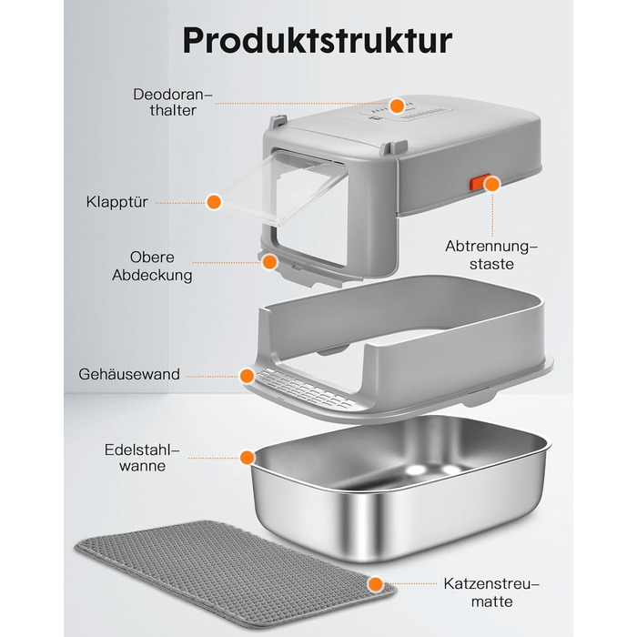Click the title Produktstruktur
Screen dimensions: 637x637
(x=318, y=41)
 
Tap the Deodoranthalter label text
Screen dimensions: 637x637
(x=173, y=102)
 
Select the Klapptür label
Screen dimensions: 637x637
(x=117, y=202)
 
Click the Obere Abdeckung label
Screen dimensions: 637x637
(x=152, y=266)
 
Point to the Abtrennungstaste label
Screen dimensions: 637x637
(x=491, y=255)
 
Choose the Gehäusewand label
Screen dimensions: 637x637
(x=129, y=374)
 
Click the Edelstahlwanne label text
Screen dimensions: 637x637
(x=142, y=458)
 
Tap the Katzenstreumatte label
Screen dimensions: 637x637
(x=491, y=592)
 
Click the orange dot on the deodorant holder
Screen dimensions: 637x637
(x=397, y=106)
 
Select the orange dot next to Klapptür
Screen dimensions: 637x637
(x=214, y=201)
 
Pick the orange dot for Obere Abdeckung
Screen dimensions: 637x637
(x=269, y=262)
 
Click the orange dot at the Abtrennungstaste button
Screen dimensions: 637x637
(x=492, y=184)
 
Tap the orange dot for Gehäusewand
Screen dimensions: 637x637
(x=247, y=376)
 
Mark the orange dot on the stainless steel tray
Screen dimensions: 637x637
(x=247, y=458)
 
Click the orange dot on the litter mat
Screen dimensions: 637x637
(x=376, y=584)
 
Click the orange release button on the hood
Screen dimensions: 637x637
(x=477, y=183)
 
